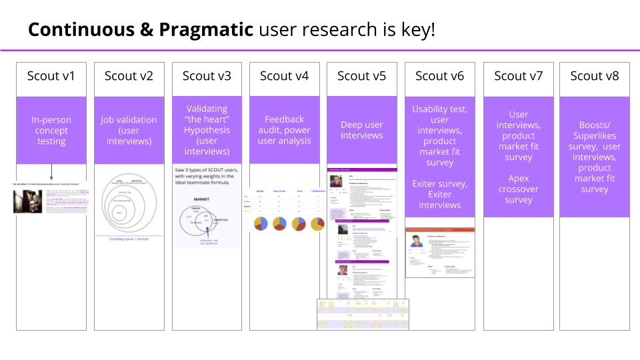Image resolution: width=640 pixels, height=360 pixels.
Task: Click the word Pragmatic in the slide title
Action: tap(205, 29)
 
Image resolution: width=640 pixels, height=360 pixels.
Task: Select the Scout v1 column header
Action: tap(51, 76)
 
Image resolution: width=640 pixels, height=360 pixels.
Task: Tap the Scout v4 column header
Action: tap(284, 76)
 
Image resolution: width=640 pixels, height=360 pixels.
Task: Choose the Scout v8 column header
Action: tap(595, 76)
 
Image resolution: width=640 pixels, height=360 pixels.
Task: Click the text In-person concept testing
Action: tap(51, 131)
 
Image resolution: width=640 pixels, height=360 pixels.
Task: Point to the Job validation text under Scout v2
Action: tap(129, 120)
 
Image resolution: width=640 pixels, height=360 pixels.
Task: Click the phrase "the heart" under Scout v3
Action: tap(207, 119)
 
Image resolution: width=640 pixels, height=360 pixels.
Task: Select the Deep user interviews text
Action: tap(362, 130)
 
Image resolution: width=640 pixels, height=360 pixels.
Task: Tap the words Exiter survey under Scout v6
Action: tap(439, 183)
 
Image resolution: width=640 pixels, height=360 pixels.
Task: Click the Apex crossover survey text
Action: tap(518, 189)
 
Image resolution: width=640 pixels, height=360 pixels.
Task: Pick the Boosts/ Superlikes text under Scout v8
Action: tap(595, 131)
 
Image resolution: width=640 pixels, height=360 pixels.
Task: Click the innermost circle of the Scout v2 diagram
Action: tap(120, 213)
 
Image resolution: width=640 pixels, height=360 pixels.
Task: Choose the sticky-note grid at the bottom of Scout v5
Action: tap(363, 314)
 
